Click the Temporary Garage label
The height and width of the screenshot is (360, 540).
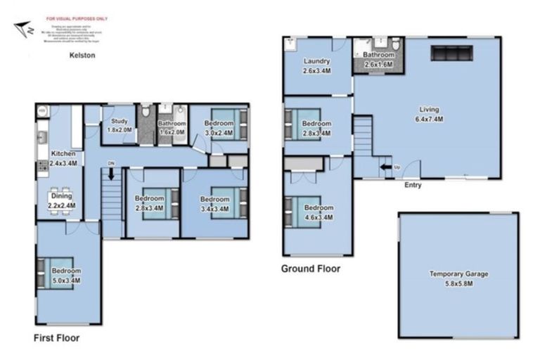click(x=458, y=278)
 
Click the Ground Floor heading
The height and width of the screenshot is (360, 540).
click(x=311, y=269)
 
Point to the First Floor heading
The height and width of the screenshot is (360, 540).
click(x=56, y=338)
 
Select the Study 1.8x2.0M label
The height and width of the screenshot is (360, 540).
click(x=119, y=125)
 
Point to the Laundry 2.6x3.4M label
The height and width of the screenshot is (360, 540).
click(x=317, y=66)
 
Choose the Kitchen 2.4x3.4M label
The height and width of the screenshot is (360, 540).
click(x=63, y=157)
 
